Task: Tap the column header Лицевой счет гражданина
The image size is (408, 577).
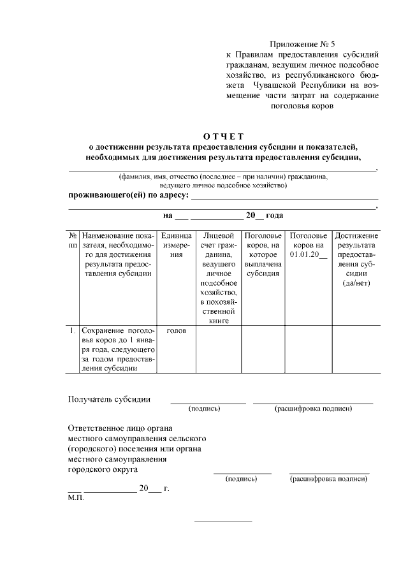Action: (218, 278)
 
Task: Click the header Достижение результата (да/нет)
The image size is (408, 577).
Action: (354, 259)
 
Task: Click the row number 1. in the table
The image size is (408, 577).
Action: (73, 330)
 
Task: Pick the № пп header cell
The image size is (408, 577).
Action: (73, 240)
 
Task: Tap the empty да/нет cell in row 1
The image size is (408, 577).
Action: (354, 349)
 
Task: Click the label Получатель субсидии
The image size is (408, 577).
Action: (109, 400)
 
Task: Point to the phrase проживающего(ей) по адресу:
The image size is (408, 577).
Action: (128, 194)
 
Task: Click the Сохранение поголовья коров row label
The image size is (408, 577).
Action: (118, 349)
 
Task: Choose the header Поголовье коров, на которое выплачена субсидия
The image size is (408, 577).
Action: (263, 255)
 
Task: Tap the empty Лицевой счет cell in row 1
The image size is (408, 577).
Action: (218, 349)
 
